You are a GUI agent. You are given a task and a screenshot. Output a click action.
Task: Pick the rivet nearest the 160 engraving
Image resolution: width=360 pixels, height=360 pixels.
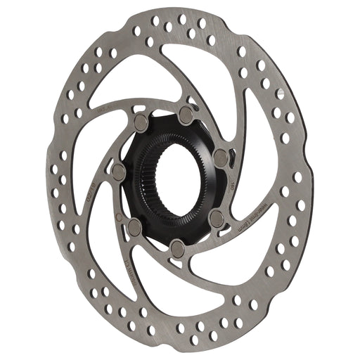(220, 157)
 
